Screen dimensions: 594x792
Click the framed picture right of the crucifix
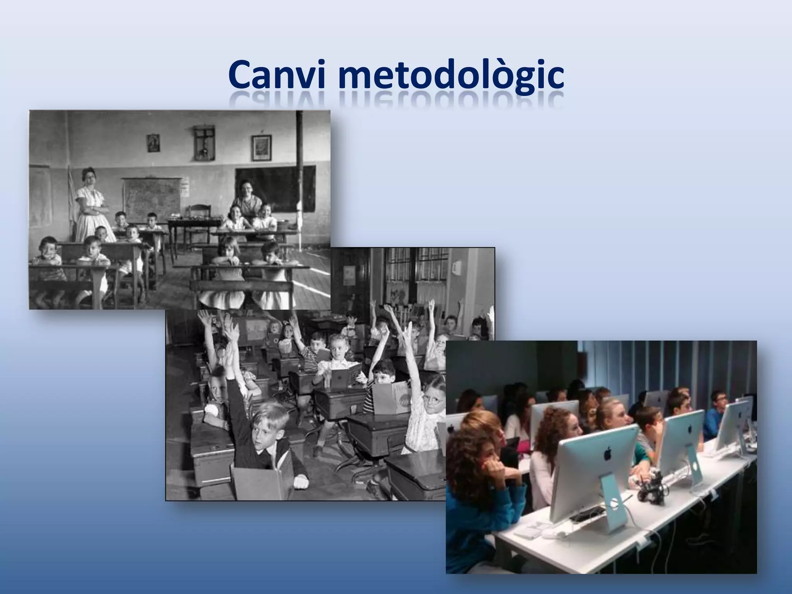pos(261,147)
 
